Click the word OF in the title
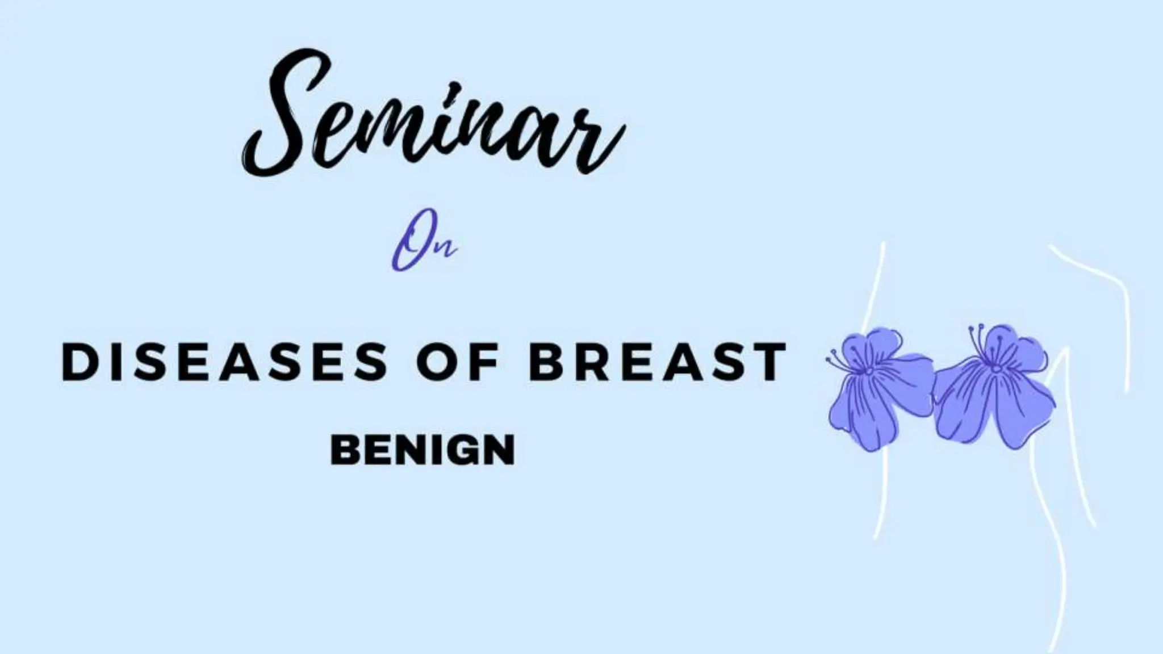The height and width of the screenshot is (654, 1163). (x=457, y=362)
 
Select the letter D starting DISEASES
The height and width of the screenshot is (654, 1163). (x=77, y=362)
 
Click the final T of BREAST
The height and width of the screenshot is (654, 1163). (x=771, y=362)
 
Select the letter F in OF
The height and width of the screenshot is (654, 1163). (x=483, y=362)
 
